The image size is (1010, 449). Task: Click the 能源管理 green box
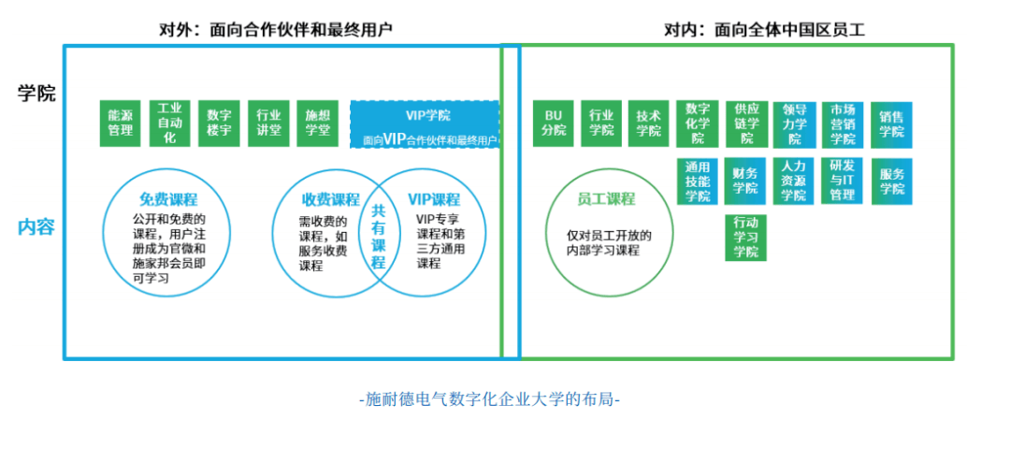pyautogui.click(x=121, y=123)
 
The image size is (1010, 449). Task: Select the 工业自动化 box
pyautogui.click(x=169, y=123)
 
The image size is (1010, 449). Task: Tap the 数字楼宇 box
pyautogui.click(x=219, y=123)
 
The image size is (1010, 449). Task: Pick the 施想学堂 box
pyautogui.click(x=317, y=123)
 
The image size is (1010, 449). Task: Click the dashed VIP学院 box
pyautogui.click(x=425, y=124)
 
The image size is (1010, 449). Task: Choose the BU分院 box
pyautogui.click(x=554, y=123)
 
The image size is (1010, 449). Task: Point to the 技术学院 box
pyautogui.click(x=649, y=123)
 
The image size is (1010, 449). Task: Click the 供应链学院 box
pyautogui.click(x=746, y=123)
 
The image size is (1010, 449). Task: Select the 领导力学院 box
pyautogui.click(x=795, y=124)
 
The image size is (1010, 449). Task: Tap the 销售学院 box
pyautogui.click(x=891, y=124)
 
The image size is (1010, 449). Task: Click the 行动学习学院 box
pyautogui.click(x=746, y=238)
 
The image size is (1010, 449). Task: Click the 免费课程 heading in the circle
pyautogui.click(x=168, y=199)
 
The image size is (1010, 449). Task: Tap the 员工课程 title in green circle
pyautogui.click(x=605, y=199)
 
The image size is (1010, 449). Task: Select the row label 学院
pyautogui.click(x=36, y=94)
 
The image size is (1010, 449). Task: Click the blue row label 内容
pyautogui.click(x=36, y=226)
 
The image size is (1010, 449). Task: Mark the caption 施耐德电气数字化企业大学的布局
pyautogui.click(x=489, y=399)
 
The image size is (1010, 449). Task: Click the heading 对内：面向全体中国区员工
pyautogui.click(x=764, y=30)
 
